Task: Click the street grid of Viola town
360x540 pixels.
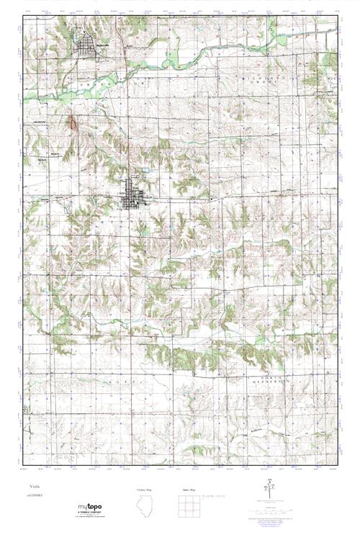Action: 133,194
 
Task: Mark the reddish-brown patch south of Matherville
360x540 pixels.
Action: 71,123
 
